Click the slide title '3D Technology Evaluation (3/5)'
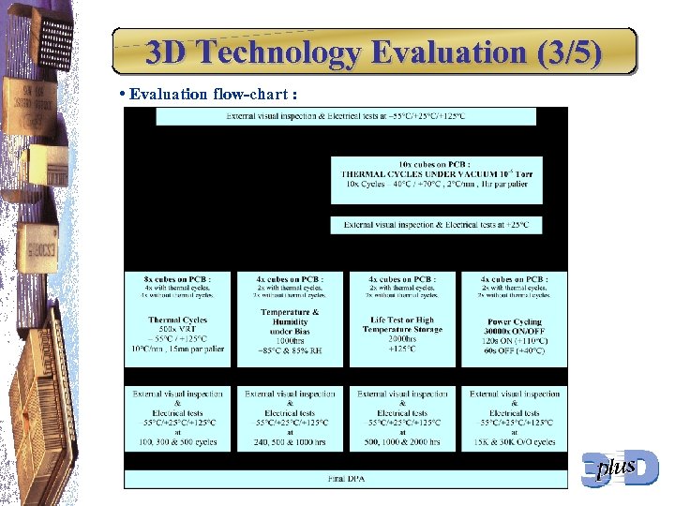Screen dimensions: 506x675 point(373,53)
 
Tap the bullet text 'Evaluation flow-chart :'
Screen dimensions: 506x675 point(215,94)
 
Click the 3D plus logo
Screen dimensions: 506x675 point(620,468)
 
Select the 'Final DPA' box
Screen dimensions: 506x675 point(346,480)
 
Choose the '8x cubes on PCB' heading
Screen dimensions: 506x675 point(177,279)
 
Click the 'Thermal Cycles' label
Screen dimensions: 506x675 point(177,320)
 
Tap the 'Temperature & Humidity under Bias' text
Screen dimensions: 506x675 point(290,321)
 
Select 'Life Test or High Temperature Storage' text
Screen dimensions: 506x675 point(402,325)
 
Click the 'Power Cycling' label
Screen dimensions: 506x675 point(515,321)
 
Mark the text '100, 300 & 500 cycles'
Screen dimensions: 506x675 point(177,441)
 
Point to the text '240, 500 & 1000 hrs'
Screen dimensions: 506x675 point(290,441)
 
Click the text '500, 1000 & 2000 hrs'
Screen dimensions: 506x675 point(402,441)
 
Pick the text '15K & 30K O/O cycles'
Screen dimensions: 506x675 point(515,441)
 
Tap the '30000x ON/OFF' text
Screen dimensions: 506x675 point(515,331)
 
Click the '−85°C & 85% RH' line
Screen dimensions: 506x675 point(290,350)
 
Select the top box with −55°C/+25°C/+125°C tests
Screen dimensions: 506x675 point(346,116)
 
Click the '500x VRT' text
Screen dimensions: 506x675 point(177,330)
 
